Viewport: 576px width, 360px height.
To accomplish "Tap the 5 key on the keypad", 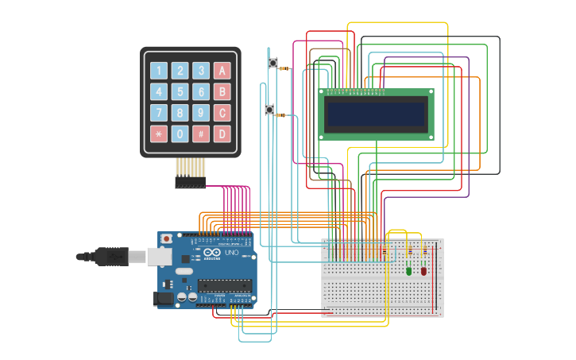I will click(x=180, y=91).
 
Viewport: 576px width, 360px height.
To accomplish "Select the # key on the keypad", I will click(x=201, y=134).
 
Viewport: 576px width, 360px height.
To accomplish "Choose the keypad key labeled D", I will click(x=222, y=134).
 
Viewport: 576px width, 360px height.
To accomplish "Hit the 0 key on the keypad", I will click(x=180, y=134).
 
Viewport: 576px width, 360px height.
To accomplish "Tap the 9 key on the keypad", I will click(x=201, y=113).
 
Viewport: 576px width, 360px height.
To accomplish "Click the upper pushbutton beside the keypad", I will click(x=273, y=63).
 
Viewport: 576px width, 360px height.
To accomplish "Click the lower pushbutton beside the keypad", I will click(x=269, y=109).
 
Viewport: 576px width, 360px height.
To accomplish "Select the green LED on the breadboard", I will click(x=409, y=270).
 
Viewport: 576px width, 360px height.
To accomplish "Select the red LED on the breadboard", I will click(x=423, y=270).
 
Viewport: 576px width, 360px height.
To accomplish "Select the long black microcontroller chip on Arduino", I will click(x=225, y=285).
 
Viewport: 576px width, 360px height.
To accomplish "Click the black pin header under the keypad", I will click(x=190, y=183).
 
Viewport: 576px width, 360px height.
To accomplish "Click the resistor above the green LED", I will click(x=409, y=252).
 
